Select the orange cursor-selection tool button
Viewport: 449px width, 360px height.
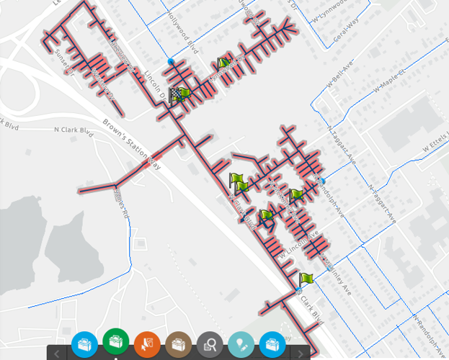pos(146,343)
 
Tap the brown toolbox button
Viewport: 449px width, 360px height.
pos(178,343)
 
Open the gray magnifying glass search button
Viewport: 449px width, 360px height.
pos(210,343)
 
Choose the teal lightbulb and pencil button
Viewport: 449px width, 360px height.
pos(241,343)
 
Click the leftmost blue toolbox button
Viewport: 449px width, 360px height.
pos(84,343)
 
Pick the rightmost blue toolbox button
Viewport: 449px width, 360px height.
pos(272,343)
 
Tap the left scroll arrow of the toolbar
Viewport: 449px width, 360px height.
pos(57,354)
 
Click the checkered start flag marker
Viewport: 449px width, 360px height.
pos(177,94)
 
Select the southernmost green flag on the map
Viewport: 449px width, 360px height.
pos(306,279)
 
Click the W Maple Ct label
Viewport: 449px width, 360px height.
pos(390,81)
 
